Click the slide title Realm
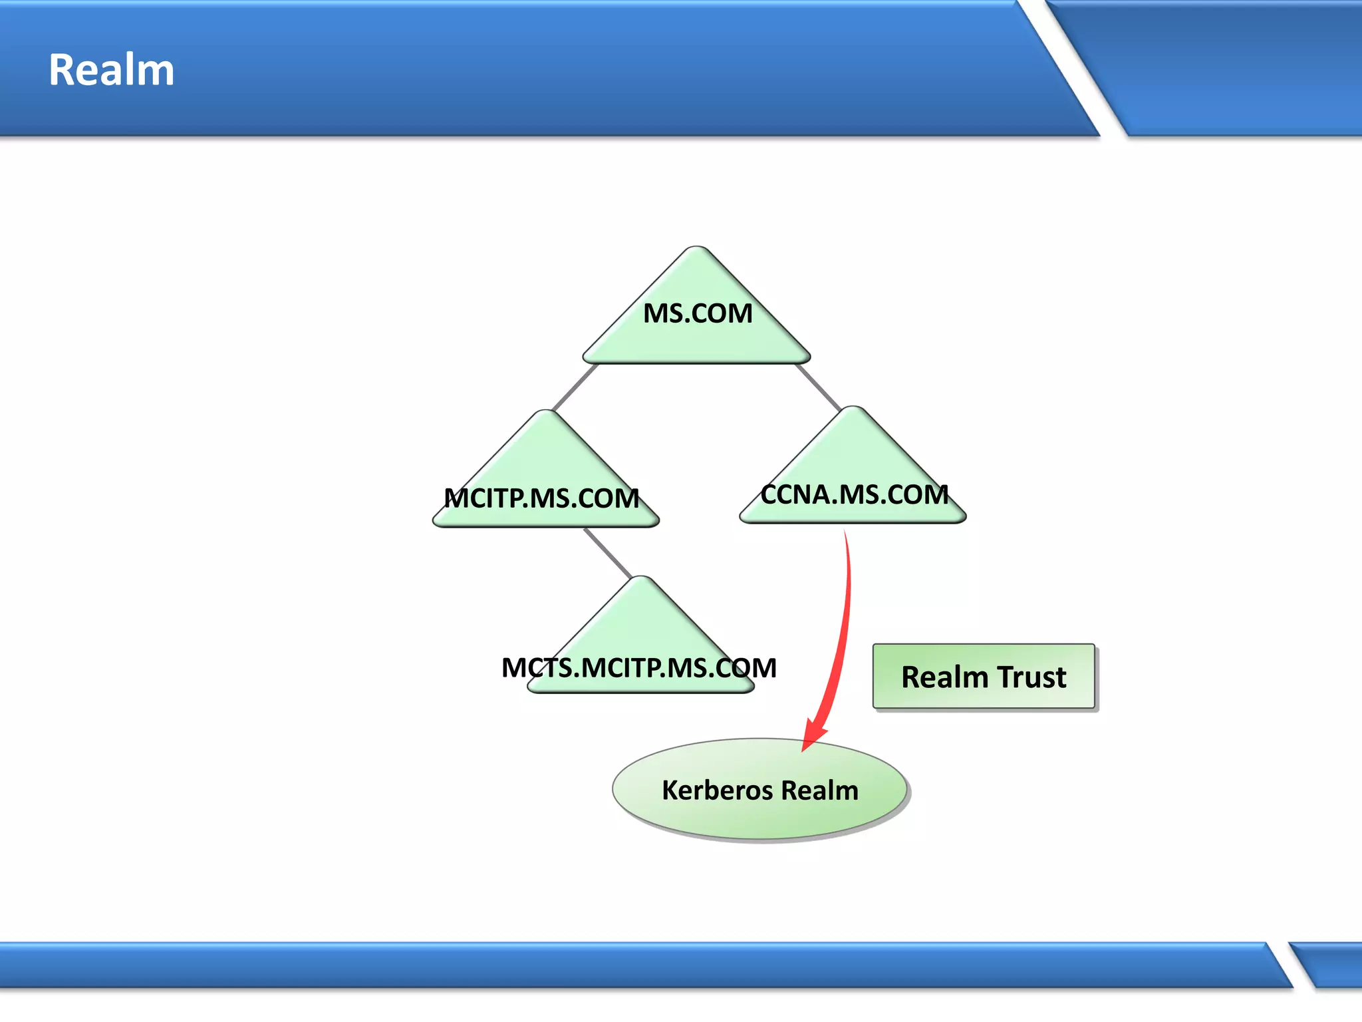(x=112, y=70)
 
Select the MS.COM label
(x=698, y=313)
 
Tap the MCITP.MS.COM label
(x=541, y=498)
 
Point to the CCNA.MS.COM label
(x=855, y=494)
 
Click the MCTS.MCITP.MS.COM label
(x=639, y=668)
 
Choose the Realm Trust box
(x=984, y=677)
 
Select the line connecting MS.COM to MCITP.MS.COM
(x=575, y=387)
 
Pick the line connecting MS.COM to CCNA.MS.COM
(x=819, y=387)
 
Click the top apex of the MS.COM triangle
(x=697, y=250)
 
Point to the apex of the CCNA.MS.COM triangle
(x=853, y=409)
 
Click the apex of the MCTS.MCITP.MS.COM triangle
(x=641, y=579)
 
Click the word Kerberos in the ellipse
(x=717, y=790)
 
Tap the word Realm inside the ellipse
(x=820, y=790)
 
